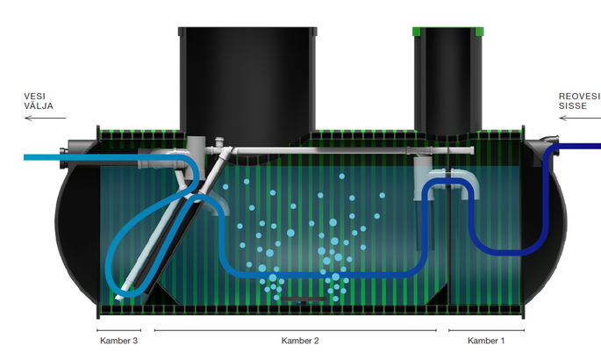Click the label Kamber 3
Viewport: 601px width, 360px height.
(118, 341)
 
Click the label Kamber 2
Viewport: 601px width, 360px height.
(300, 341)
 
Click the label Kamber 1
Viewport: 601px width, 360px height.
(486, 341)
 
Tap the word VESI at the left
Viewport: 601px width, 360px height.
(34, 97)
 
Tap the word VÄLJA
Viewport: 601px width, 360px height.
(39, 106)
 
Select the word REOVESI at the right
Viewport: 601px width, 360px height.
(579, 97)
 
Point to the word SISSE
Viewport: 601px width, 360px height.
(573, 106)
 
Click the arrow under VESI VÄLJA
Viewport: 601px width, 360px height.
(46, 118)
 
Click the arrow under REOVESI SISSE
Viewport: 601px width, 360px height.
(580, 118)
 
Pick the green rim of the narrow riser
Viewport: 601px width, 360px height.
(447, 31)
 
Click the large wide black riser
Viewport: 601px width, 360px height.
(247, 81)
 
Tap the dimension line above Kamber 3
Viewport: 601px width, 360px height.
(118, 330)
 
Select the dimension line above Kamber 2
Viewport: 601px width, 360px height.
(296, 330)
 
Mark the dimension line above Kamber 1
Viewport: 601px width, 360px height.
(486, 330)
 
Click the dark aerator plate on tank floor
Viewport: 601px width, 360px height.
(304, 299)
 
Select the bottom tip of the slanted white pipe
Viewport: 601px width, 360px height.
(118, 299)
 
